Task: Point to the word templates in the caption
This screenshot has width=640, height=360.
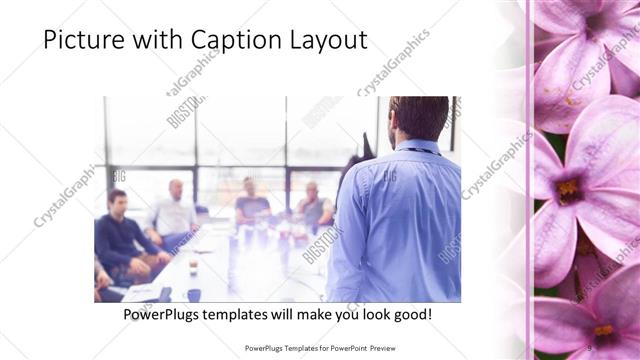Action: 260,315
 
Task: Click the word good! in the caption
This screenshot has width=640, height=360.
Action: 411,315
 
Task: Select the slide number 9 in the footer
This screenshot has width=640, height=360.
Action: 589,347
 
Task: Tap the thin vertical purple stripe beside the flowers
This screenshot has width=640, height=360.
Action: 529,180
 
